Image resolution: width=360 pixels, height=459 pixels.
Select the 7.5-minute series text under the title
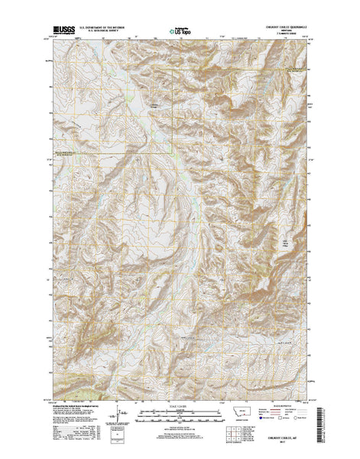tap(286, 36)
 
